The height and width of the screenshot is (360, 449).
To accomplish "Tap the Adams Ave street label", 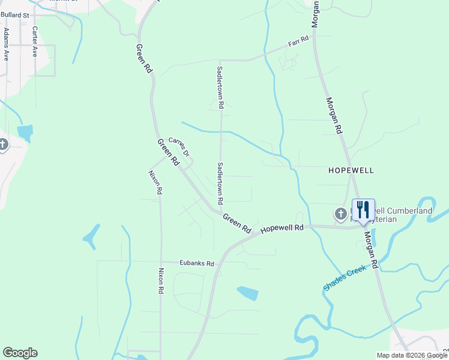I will [x=6, y=44].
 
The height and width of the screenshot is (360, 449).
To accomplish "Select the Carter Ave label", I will [x=35, y=41].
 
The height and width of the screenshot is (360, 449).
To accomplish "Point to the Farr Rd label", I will [x=298, y=42].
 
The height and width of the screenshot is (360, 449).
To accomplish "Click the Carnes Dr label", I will [x=179, y=147].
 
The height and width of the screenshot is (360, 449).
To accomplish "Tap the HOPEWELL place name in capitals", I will [x=351, y=170].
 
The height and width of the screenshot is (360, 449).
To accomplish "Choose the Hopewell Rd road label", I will [x=282, y=229].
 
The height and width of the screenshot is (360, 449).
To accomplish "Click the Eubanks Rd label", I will [x=197, y=263].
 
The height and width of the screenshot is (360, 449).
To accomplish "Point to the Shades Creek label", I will [x=345, y=279].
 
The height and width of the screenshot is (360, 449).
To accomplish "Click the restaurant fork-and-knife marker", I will [x=363, y=210].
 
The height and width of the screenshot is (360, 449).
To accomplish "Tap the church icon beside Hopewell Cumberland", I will [x=340, y=214].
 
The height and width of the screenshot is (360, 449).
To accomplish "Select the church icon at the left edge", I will [x=4, y=145].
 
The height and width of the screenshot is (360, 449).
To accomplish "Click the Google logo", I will [x=20, y=353].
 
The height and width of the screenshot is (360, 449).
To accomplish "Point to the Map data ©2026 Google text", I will [x=412, y=355].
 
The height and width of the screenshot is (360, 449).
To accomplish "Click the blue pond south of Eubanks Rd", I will [x=247, y=293].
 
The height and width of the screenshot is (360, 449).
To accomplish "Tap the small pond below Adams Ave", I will [x=25, y=132].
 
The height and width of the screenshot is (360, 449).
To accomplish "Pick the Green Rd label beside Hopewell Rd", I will [x=237, y=223].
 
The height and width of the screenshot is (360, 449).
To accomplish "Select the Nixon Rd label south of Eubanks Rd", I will [x=161, y=280].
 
